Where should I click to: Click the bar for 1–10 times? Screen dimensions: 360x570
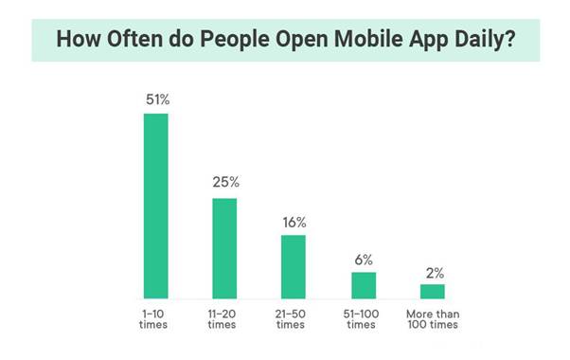pos(155,206)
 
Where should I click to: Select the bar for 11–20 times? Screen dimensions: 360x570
pos(224,248)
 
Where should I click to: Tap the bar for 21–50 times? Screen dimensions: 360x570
pos(294,266)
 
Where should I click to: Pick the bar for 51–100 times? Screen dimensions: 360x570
pos(364,285)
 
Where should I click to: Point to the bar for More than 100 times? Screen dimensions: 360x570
pos(433,291)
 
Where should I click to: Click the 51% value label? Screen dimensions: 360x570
pos(155,99)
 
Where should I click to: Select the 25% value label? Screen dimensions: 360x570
pos(224,182)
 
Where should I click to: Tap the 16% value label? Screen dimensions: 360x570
pos(294,222)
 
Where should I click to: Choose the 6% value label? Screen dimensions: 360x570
pos(364,259)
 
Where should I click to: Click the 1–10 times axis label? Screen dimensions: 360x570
pos(155,317)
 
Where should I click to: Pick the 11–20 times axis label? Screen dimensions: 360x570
pos(224,317)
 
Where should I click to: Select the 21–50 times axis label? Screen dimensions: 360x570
pos(294,317)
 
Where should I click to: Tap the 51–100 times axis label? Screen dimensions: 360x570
pos(364,317)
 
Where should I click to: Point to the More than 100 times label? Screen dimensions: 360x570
pos(433,317)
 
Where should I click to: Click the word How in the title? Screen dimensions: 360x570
pos(74,41)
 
